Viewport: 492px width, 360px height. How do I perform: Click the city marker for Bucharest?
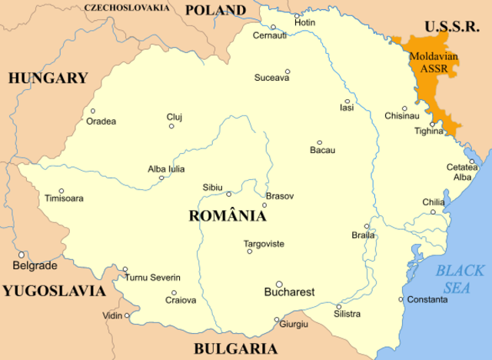coord(279,284)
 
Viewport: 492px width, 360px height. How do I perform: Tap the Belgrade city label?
coord(35,265)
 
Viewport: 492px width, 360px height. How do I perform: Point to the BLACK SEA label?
coord(460,278)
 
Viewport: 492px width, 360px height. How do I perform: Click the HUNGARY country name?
coord(48,78)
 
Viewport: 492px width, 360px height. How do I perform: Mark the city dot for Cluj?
coord(171,126)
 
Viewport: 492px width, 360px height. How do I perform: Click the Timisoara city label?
coord(64,198)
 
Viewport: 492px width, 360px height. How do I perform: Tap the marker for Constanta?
coord(401,299)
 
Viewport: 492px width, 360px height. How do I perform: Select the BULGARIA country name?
coord(235,348)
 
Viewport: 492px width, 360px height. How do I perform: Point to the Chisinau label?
coord(402,116)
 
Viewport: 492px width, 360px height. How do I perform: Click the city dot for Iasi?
coord(347,101)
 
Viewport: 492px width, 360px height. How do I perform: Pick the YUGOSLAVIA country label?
coord(53,291)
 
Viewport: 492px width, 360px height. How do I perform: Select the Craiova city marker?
coord(174,292)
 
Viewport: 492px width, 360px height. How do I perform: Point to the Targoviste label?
coord(264,243)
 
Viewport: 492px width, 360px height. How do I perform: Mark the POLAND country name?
coord(215,11)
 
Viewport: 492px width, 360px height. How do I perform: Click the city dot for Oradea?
coord(92,111)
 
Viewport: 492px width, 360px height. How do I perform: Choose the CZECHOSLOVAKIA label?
coord(128,8)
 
